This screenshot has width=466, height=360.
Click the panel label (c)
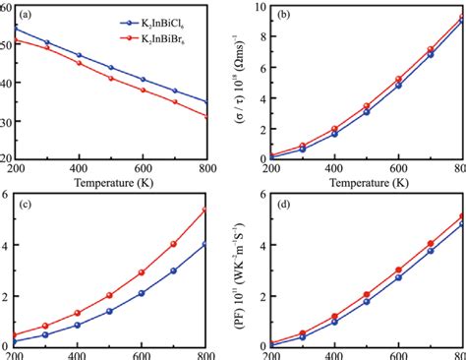[x=19, y=204]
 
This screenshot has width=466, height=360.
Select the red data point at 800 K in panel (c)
[x=204, y=210]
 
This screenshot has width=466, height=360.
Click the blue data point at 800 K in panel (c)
[x=204, y=244]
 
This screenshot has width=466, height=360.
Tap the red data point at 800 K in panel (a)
[x=204, y=117]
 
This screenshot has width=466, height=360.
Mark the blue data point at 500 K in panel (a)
[x=112, y=68]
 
